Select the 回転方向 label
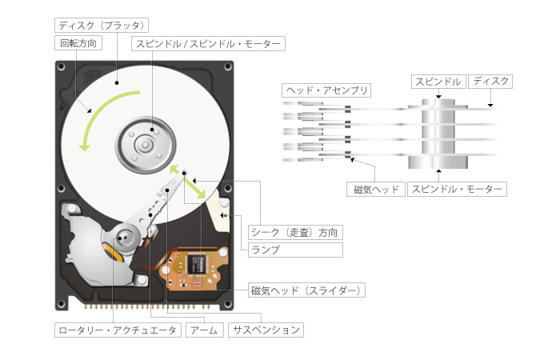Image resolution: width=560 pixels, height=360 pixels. coord(76,42)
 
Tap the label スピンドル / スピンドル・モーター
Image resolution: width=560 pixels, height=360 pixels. coord(208,42)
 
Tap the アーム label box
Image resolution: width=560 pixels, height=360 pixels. coord(203,329)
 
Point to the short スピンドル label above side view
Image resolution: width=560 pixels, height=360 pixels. coord(437,81)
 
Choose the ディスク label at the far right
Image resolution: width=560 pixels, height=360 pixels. coord(490,81)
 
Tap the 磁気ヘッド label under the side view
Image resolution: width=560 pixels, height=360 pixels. coord(376,190)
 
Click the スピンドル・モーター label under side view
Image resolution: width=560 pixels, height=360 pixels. coord(457,190)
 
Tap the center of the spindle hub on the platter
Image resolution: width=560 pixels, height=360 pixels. coord(145,144)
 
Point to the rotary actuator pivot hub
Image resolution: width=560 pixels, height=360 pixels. coord(124,238)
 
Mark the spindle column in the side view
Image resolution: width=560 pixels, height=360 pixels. coord(437,132)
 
